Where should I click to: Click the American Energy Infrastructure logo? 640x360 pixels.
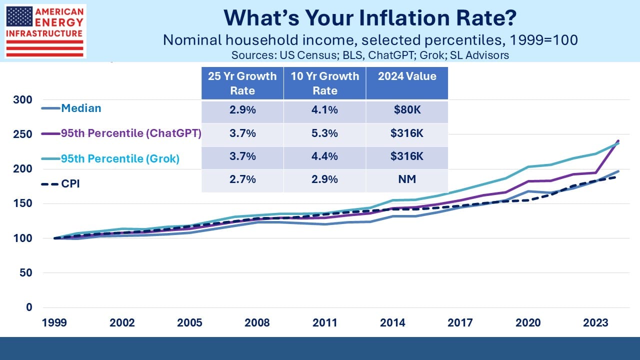[x=44, y=31]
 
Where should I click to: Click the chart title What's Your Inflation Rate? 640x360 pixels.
[x=370, y=18]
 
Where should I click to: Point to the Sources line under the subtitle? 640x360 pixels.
[x=370, y=55]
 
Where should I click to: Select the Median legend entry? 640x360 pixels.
[x=80, y=107]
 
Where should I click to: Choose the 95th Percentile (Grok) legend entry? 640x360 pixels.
[x=120, y=158]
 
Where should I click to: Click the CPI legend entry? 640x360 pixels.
[x=70, y=183]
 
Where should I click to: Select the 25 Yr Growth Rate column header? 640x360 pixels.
[x=242, y=83]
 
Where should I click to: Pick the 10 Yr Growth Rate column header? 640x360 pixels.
[x=325, y=83]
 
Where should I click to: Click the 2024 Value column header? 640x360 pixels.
[x=407, y=76]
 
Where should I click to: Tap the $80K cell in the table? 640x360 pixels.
[x=407, y=110]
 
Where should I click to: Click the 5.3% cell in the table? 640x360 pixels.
[x=325, y=133]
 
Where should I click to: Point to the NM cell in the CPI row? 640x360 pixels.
[x=407, y=179]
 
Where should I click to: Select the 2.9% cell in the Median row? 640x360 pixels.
[x=242, y=110]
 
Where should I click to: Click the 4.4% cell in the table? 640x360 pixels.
[x=325, y=156]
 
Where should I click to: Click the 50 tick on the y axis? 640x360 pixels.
[x=26, y=273]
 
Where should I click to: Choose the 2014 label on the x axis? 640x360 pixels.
[x=392, y=322]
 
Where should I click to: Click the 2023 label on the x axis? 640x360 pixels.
[x=595, y=322]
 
